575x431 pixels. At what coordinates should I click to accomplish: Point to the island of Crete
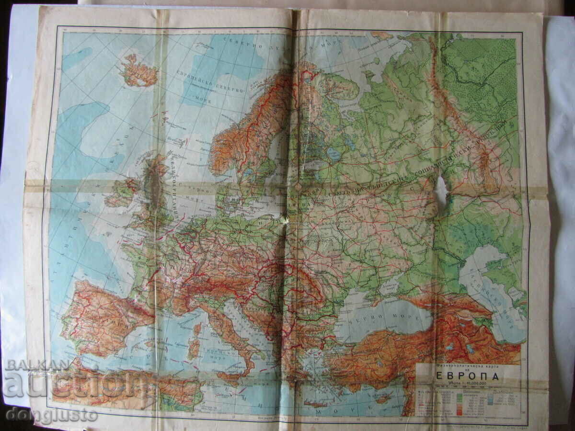316,404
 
